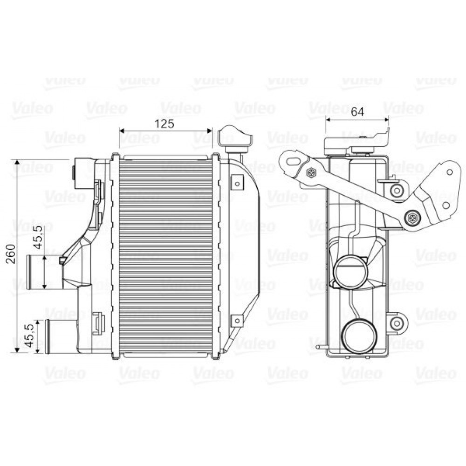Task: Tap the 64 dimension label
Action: (x=357, y=111)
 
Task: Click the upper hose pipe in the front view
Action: (x=44, y=271)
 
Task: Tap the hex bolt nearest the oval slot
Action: (x=311, y=173)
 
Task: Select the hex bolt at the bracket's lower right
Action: (x=411, y=217)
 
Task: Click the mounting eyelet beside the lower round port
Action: (x=397, y=323)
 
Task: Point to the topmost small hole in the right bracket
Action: (x=449, y=171)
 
